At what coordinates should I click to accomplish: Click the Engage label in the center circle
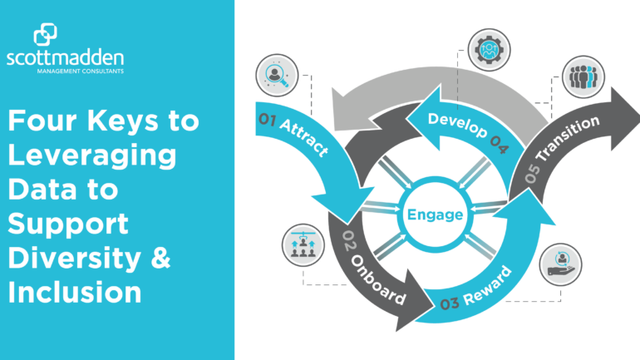pos(435,215)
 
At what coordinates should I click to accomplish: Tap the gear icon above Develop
pos(489,50)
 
